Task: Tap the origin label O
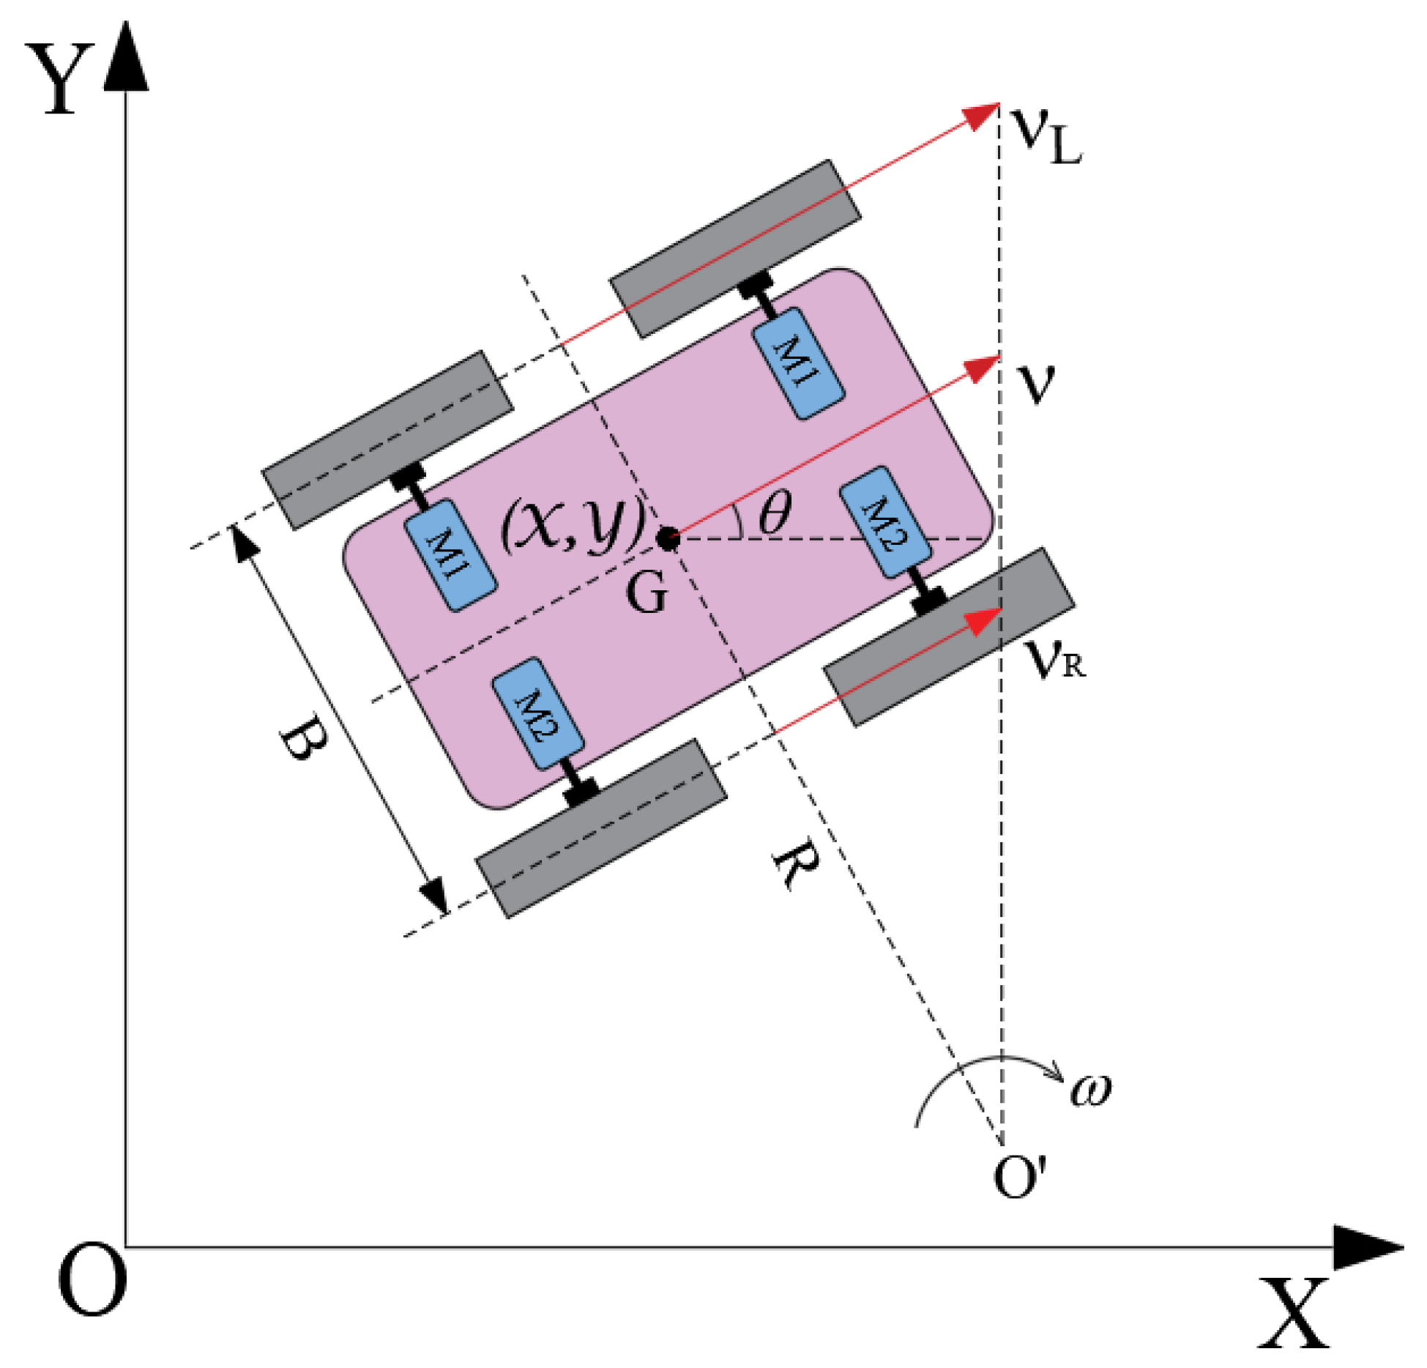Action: pos(92,1279)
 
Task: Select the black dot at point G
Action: pos(667,540)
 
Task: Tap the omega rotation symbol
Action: pos(1091,1088)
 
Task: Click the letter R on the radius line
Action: pos(796,865)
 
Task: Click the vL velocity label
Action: pos(1045,135)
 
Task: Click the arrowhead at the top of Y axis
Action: pos(126,59)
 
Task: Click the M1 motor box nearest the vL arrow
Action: pos(798,363)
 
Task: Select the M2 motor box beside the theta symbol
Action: pos(884,521)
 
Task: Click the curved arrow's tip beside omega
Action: pos(1058,1077)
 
